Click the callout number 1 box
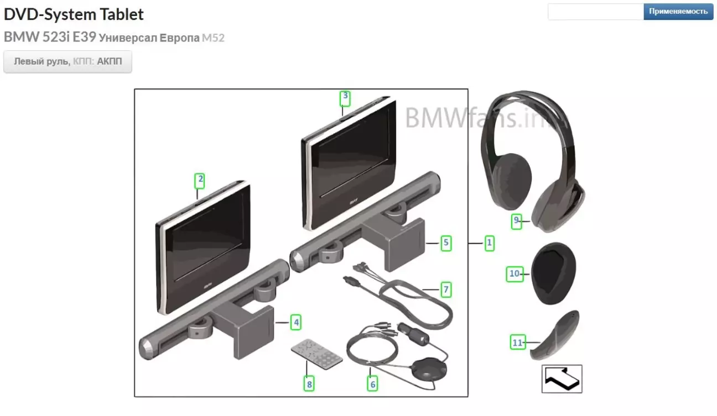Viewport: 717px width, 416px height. pos(489,243)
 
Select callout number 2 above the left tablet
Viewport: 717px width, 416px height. pos(200,181)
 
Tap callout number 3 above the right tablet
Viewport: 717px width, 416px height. pos(345,98)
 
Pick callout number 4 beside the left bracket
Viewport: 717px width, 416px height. pos(296,322)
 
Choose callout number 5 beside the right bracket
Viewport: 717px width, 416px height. pos(446,243)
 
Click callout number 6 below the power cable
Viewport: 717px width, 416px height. pos(372,384)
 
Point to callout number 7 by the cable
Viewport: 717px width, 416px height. pos(446,289)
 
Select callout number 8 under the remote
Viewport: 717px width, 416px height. pos(309,384)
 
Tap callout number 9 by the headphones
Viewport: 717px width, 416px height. pos(516,222)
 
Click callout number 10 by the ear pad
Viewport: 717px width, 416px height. pos(515,274)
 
